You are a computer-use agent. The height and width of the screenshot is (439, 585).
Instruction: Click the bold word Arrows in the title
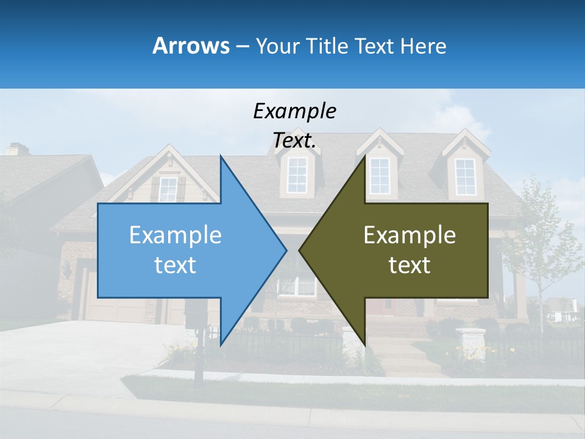pos(191,46)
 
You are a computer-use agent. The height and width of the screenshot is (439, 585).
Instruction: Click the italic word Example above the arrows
pos(294,112)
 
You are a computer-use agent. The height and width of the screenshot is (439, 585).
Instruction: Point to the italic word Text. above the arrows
pos(294,140)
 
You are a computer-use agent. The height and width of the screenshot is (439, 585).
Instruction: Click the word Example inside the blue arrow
pos(175,235)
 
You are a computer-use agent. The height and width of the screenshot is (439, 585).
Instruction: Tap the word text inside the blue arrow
pos(175,265)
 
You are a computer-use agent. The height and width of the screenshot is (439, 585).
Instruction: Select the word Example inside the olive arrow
pos(409,235)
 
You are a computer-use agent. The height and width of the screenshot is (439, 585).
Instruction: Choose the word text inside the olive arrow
pos(409,265)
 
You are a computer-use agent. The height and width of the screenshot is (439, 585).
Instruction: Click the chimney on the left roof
pos(17,149)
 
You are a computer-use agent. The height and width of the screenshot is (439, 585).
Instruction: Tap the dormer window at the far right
pos(466,176)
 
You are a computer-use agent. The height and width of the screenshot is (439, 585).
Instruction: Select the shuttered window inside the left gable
pos(168,189)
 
